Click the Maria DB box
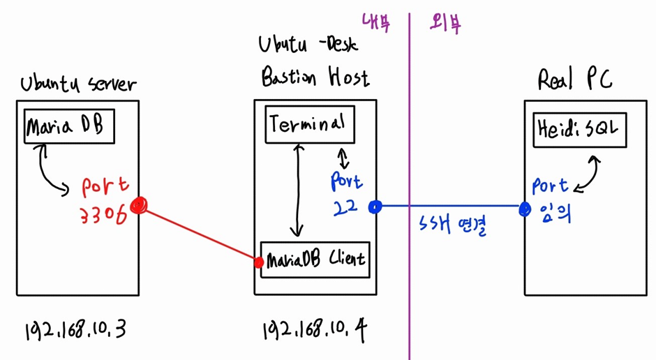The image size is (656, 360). [x=68, y=126]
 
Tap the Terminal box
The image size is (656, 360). [x=310, y=126]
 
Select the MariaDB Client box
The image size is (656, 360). [x=314, y=259]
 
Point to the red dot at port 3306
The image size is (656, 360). [x=140, y=205]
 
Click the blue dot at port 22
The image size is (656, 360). [x=375, y=207]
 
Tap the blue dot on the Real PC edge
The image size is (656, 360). [x=525, y=208]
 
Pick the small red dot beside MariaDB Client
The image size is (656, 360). [x=259, y=262]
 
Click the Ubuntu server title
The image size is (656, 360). [x=77, y=84]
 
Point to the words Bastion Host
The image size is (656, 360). [x=315, y=77]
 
